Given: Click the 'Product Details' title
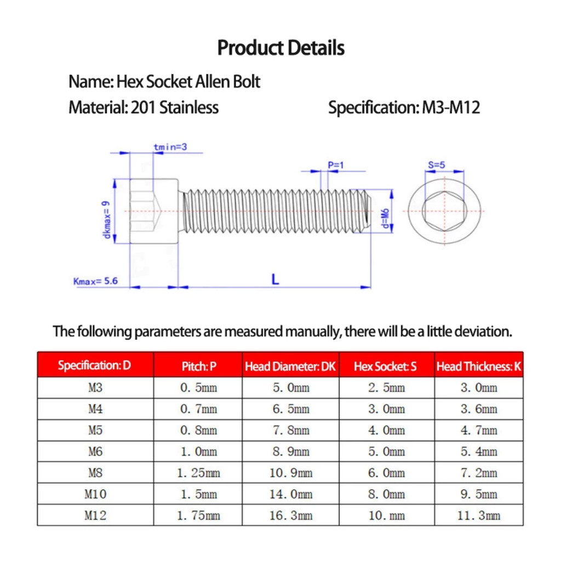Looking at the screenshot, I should click(280, 48).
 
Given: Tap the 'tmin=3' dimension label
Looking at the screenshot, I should click(170, 147).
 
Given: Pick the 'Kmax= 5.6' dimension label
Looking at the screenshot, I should click(95, 282).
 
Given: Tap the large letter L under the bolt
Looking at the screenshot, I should click(275, 279).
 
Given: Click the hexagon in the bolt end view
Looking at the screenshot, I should click(444, 211).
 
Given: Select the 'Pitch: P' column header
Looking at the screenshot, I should click(198, 366).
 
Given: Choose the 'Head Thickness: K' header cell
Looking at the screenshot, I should click(478, 366).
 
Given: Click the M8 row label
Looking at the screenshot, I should click(95, 472).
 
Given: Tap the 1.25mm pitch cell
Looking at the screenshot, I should click(198, 472).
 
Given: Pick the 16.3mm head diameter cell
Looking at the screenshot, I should click(291, 516).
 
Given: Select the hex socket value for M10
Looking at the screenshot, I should click(387, 494).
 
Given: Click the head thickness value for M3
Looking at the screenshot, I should click(479, 388).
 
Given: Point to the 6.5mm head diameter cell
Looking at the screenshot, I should click(291, 409).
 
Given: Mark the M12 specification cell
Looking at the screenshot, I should click(95, 516).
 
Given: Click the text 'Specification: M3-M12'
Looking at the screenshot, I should click(404, 107).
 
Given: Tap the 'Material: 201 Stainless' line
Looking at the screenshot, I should click(144, 107).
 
